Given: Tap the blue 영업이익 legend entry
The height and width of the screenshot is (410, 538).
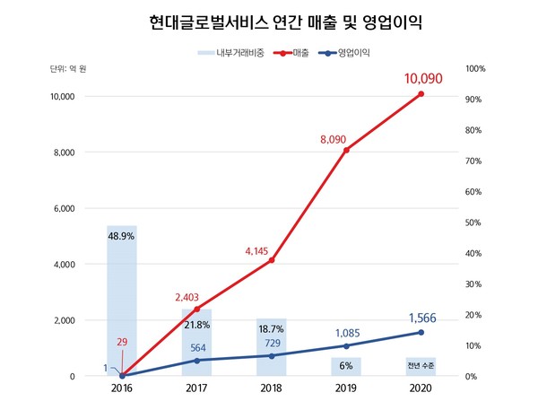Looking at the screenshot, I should coord(352,53).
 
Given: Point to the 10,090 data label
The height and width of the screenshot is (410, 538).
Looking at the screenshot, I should coord(424,81).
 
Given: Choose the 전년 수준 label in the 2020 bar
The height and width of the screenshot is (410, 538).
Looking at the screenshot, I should coord(421,365).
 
